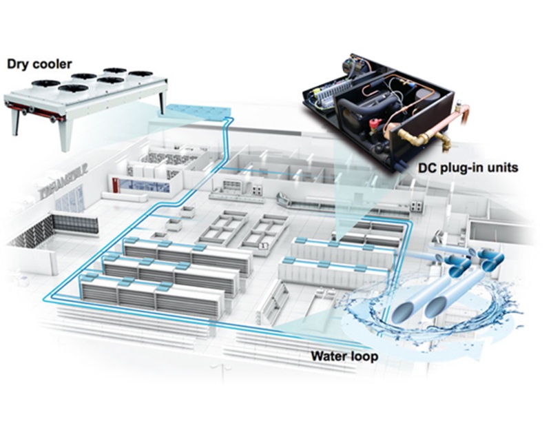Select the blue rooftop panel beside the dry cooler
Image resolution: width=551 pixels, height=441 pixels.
click(x=196, y=110)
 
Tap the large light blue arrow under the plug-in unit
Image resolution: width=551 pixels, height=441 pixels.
click(x=351, y=200)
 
